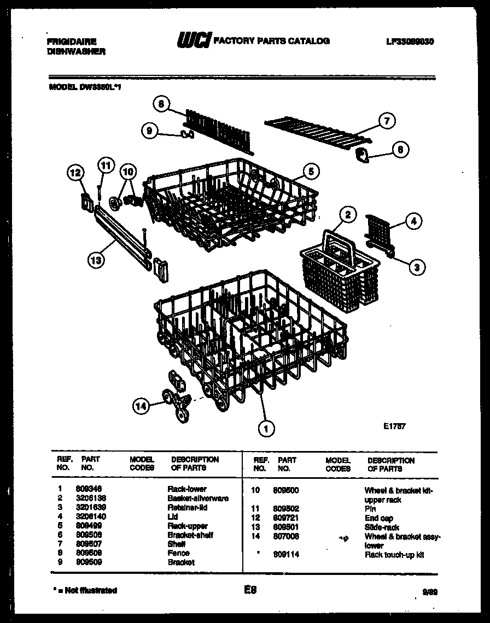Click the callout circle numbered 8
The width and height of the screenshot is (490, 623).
tap(161, 103)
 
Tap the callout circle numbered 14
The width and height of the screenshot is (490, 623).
tap(141, 405)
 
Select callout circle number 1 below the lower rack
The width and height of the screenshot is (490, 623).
tap(266, 429)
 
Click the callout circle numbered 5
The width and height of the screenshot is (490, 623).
tap(310, 171)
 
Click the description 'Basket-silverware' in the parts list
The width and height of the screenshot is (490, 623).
tap(197, 499)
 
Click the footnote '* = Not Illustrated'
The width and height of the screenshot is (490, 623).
tap(83, 590)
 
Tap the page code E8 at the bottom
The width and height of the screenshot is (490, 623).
tap(249, 590)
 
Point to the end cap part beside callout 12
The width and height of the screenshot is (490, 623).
tap(86, 200)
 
